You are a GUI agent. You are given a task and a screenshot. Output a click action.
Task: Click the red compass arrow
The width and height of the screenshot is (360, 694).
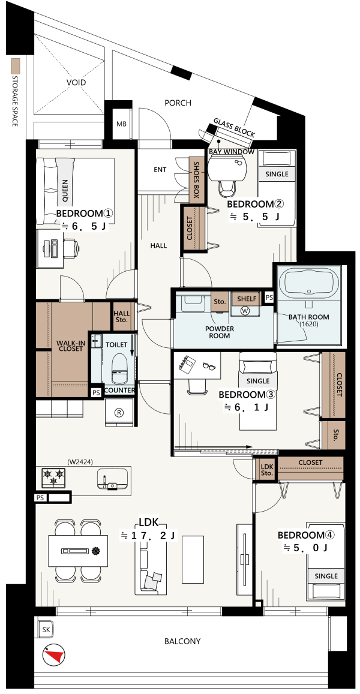pos(55,656)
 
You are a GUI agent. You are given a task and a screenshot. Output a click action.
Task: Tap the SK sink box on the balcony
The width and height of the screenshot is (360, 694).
pos(45,630)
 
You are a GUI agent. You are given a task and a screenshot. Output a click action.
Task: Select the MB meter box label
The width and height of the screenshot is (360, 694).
pos(121,124)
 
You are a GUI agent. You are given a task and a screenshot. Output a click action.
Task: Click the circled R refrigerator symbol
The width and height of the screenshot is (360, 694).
pos(119,412)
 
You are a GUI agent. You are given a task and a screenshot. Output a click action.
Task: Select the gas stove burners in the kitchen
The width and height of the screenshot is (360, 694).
pos(53,478)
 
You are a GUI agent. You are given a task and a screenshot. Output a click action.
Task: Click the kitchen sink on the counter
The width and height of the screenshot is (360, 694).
pos(113,479)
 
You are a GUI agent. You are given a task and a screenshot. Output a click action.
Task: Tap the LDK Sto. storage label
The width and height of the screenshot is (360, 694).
pos(266,470)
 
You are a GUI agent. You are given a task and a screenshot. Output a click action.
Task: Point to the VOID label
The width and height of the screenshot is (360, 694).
pos(76,82)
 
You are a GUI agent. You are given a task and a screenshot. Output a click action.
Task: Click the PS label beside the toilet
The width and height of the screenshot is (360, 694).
pos(96,392)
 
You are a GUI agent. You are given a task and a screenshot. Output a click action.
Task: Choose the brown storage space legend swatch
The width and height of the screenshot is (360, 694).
pos(16,67)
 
